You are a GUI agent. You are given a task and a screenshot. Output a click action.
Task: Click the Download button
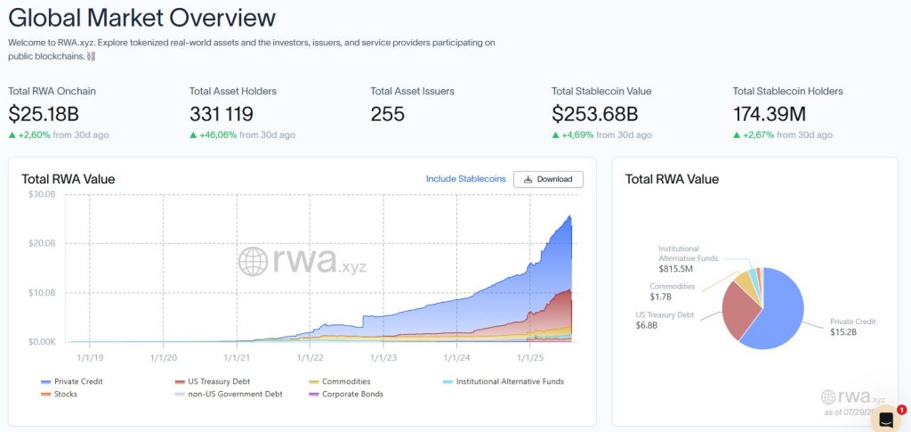(x=548, y=179)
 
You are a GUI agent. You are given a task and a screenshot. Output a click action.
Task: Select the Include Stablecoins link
(x=465, y=179)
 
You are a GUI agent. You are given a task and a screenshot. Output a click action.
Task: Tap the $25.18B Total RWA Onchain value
(x=43, y=114)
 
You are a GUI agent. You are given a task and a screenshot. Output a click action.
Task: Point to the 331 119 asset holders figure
(x=222, y=114)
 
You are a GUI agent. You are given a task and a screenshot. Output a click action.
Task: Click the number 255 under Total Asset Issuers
(x=387, y=114)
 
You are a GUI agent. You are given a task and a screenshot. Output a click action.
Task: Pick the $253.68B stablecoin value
(x=594, y=114)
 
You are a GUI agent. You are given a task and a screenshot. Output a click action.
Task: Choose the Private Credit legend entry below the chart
(x=78, y=381)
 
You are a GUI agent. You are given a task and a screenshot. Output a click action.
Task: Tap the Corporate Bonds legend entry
(x=352, y=394)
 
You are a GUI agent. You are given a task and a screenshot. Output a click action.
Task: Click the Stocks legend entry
(x=65, y=394)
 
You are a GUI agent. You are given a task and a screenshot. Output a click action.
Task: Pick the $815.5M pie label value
(x=676, y=268)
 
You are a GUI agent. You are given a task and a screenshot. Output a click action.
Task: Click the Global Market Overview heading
(x=142, y=18)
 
